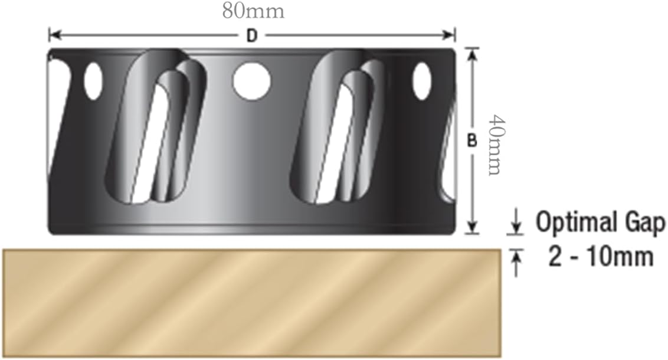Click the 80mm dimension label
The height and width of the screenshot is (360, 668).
click(253, 12)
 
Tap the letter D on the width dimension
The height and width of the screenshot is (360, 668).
click(252, 36)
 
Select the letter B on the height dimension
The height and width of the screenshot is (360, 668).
click(472, 141)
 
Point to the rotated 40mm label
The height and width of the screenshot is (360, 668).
click(495, 145)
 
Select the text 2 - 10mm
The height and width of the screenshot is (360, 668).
click(601, 257)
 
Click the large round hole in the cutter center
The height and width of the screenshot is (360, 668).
click(251, 81)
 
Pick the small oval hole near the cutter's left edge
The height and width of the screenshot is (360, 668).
click(93, 81)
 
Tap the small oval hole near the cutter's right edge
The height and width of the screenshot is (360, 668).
click(421, 81)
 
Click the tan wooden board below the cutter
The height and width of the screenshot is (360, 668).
click(252, 301)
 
